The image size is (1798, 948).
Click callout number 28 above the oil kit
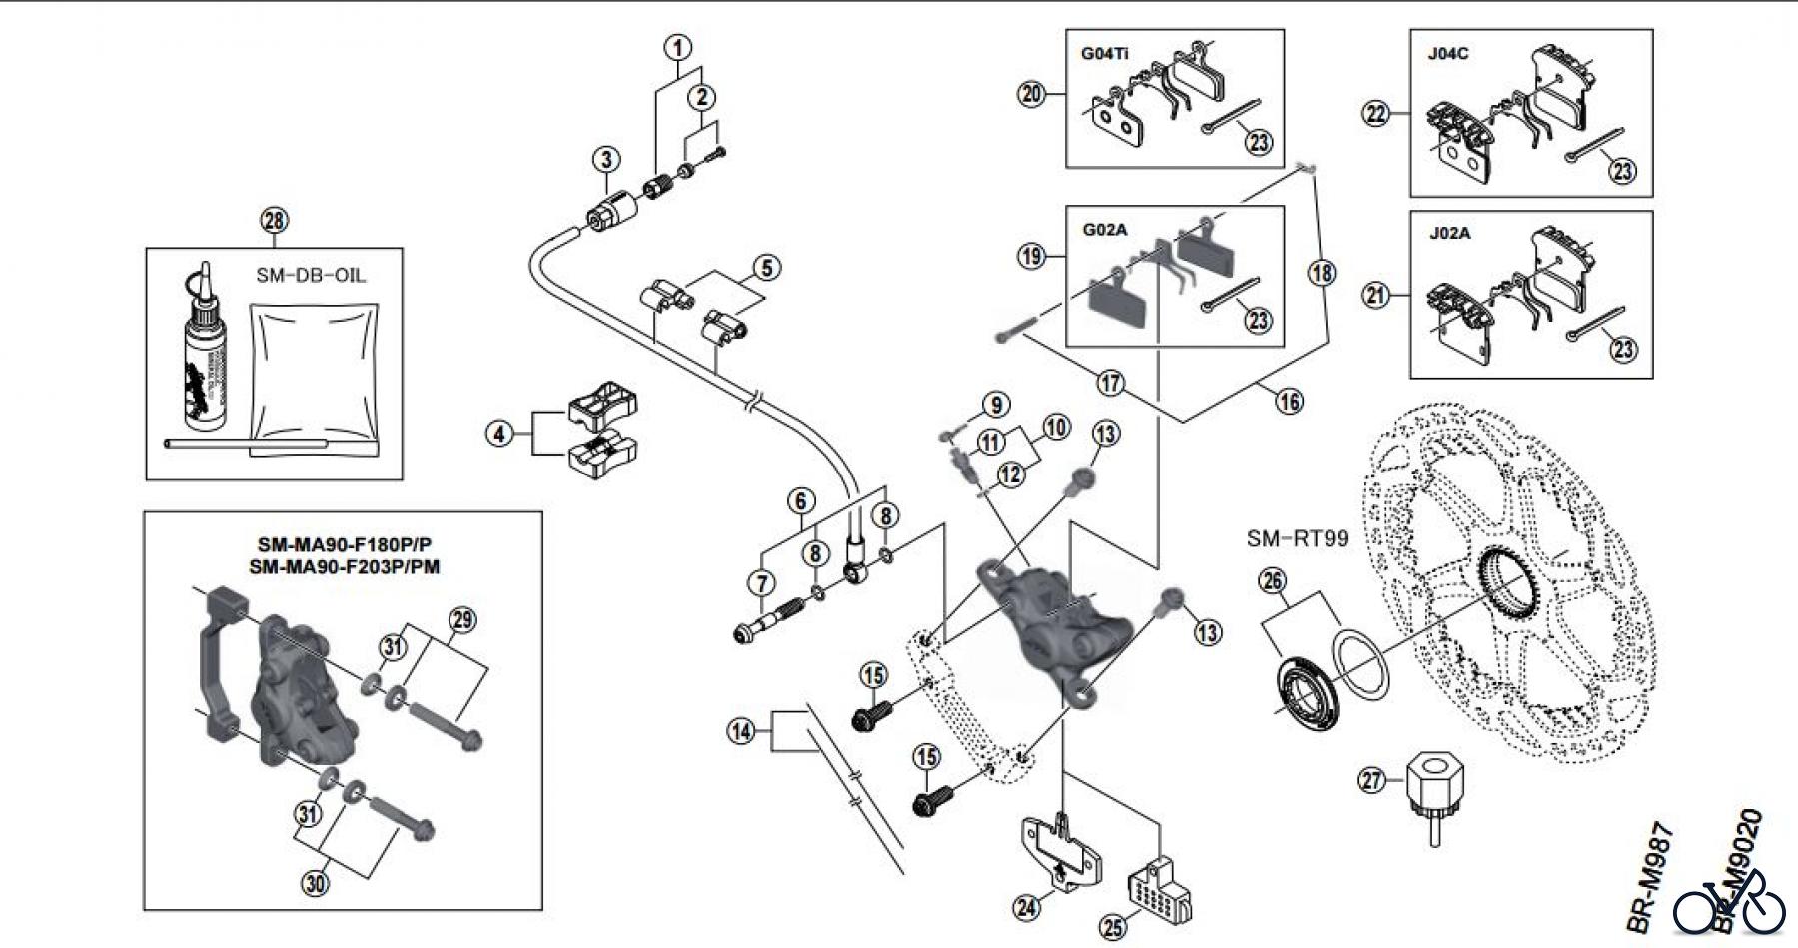tap(274, 221)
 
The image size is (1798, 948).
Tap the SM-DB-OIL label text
tap(311, 275)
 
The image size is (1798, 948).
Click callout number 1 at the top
tap(678, 48)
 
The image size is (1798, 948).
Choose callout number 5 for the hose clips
tap(766, 268)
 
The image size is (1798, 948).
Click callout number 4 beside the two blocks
tap(500, 434)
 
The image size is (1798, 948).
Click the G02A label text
tap(1104, 230)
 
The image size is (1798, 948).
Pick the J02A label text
tap(1448, 233)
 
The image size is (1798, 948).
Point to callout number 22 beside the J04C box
tap(1377, 114)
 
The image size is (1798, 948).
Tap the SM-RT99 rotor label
tap(1297, 539)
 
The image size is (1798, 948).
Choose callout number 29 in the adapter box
tap(461, 620)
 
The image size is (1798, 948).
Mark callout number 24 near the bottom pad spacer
tap(1026, 906)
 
